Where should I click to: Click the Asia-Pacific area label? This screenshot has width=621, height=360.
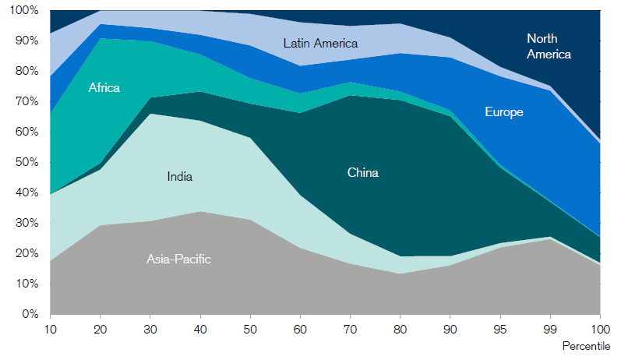(178, 259)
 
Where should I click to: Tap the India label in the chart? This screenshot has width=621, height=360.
(179, 177)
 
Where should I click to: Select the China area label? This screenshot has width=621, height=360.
(362, 173)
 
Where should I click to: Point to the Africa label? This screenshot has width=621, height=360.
(104, 88)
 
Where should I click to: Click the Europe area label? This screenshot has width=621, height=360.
(503, 112)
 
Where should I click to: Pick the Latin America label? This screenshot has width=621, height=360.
(320, 44)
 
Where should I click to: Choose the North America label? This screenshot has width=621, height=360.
(549, 46)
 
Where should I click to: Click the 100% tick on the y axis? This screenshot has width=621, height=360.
(24, 11)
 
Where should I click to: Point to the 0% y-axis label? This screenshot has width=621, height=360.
(30, 315)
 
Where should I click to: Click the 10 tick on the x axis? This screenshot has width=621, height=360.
(50, 330)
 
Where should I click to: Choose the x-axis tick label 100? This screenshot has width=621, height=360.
(601, 330)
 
